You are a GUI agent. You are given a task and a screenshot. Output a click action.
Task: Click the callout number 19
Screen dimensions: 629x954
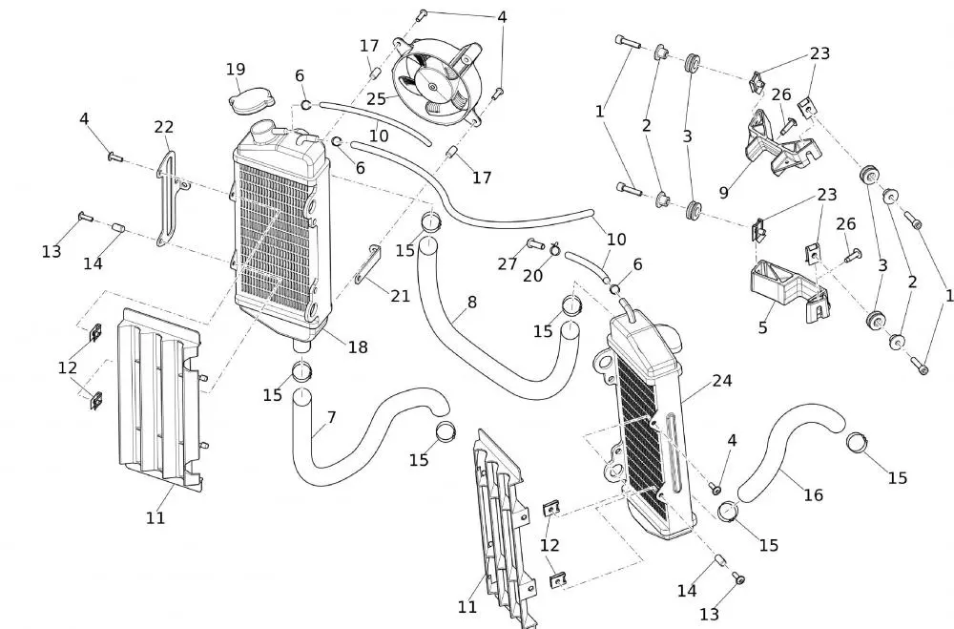pos(236,69)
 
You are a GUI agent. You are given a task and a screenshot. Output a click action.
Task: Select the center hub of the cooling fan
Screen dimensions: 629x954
pos(435,87)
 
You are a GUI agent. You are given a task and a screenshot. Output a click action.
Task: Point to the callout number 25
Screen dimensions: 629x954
pos(376,97)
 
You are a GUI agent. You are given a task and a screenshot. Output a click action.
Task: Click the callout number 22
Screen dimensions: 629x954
pos(164,128)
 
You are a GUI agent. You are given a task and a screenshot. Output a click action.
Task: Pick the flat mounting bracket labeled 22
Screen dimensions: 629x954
pos(168,191)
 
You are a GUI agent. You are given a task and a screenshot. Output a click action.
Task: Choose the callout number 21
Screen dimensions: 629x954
pos(401,296)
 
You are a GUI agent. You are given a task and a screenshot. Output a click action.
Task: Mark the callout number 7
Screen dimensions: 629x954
pos(331,417)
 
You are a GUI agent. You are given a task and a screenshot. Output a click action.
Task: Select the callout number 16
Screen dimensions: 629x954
pos(813,494)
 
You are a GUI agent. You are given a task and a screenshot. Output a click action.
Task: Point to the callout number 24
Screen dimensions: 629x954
pos(721,380)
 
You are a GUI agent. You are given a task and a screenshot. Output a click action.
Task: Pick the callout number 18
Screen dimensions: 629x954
pos(358,347)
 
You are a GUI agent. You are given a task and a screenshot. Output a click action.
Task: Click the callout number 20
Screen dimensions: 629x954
pos(533,275)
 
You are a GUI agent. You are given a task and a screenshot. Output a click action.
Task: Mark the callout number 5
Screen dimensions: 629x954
pos(762,327)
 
